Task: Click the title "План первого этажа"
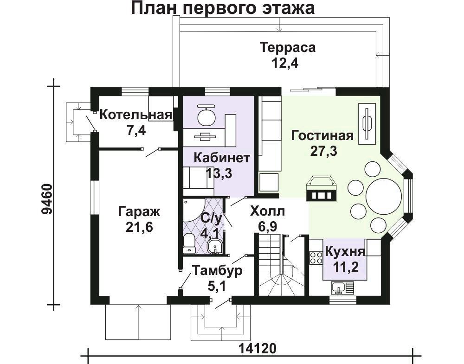click(223, 8)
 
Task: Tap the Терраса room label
click(288, 47)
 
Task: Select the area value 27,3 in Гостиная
click(324, 151)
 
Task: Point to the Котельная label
click(136, 115)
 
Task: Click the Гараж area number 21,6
click(139, 227)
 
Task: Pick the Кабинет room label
click(222, 158)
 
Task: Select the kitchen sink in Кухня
click(343, 287)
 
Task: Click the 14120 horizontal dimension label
click(257, 348)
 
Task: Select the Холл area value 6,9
click(268, 227)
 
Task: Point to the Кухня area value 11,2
click(346, 267)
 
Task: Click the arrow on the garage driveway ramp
click(138, 322)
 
